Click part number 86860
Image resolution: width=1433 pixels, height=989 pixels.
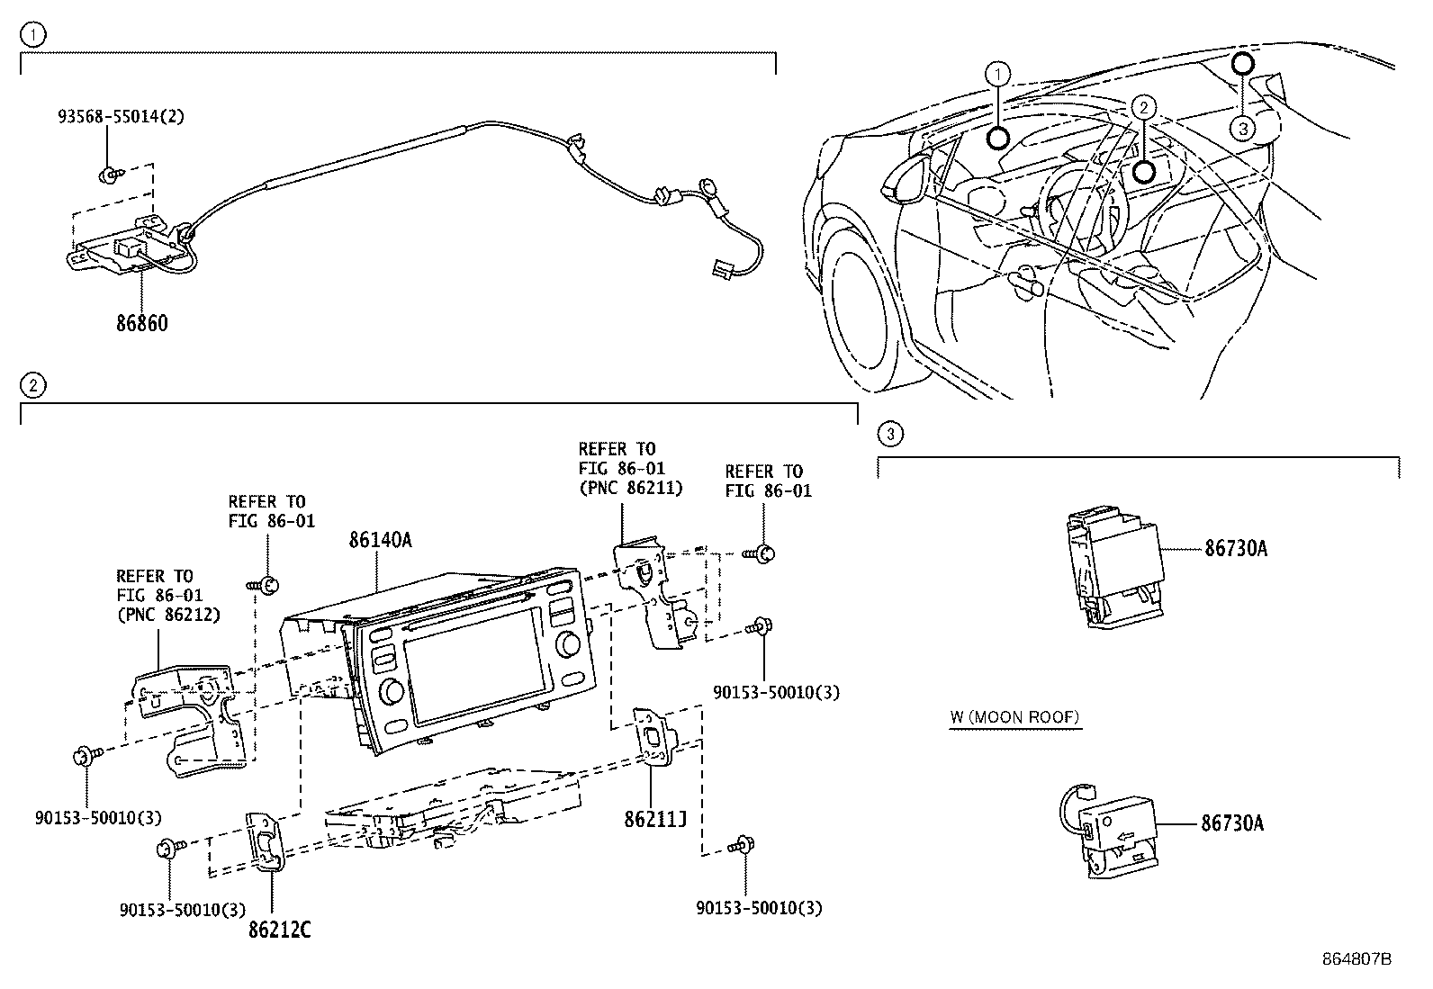pos(141,322)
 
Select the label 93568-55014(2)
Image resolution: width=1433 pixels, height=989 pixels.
pos(122,116)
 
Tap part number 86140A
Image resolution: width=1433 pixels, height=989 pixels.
pos(380,540)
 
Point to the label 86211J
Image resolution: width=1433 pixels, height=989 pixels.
pos(655,820)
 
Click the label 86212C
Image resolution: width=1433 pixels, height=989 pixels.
pos(279,931)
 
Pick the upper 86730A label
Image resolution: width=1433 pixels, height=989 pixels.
pos(1235,548)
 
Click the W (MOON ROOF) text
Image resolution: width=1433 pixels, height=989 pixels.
pos(1014,717)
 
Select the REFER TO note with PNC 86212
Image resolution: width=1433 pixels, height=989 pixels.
pos(168,595)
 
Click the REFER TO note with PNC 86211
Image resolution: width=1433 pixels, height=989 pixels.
pos(629,468)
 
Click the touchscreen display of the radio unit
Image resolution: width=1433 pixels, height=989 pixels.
pos(469,673)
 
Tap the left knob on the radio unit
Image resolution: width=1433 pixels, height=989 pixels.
pos(393,691)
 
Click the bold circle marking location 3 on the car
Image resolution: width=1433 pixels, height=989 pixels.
pos(1241,63)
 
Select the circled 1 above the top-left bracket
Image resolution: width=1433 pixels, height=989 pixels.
pos(32,36)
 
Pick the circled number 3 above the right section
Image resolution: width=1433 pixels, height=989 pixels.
pos(889,435)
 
